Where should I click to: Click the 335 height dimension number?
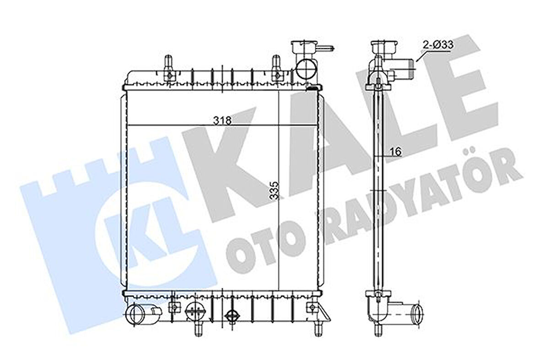point(274,188)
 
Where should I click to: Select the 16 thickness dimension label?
point(395,152)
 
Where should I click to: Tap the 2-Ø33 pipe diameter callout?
point(437,45)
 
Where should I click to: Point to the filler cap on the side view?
point(384,47)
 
